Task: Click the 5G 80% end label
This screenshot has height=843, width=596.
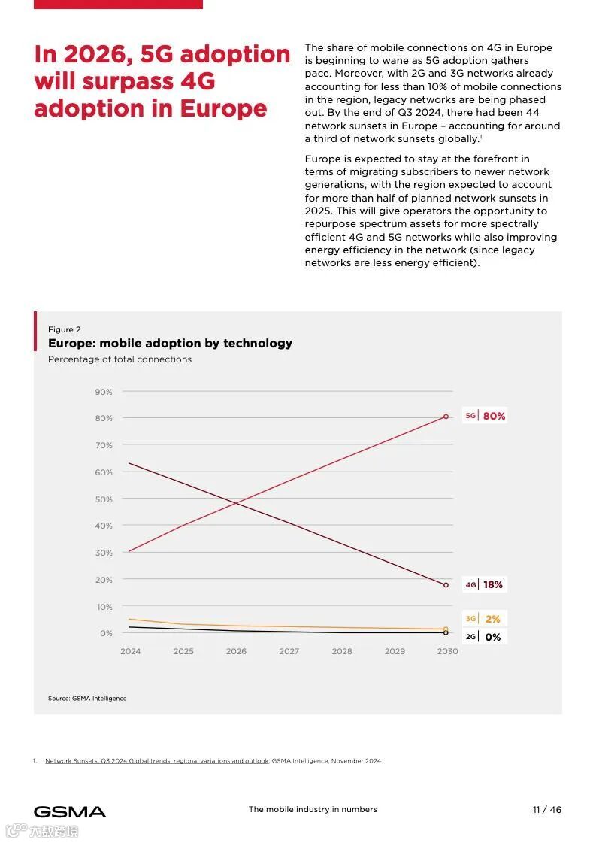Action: [486, 416]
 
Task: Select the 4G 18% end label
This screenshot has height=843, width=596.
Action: [485, 584]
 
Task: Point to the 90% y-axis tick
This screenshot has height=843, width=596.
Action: [104, 392]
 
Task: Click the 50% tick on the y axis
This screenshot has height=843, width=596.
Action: [104, 499]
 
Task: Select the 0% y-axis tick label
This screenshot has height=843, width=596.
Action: [106, 633]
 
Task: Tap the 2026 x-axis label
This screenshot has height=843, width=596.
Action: [236, 651]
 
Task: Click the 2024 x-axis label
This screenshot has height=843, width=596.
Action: [130, 651]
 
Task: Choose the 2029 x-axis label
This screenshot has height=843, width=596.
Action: [395, 651]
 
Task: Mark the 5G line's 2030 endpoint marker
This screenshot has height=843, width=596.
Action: [446, 416]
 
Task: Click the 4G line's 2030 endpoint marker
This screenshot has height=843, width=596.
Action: [446, 584]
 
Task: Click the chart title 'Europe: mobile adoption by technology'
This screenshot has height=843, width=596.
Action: [170, 344]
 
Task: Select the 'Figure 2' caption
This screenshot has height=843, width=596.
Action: [65, 329]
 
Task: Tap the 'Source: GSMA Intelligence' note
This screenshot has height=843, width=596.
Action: [87, 699]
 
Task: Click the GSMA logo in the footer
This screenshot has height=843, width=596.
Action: [70, 811]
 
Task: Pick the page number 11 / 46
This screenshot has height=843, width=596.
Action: [547, 810]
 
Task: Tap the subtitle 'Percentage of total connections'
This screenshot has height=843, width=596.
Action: [120, 359]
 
